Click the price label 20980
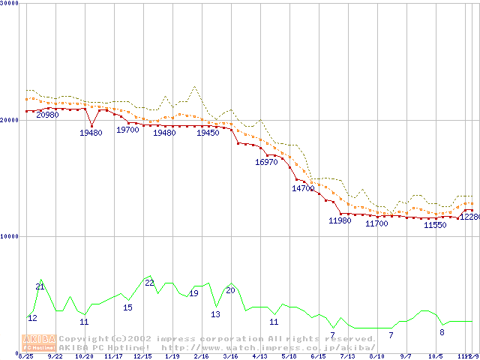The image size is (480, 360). click(47, 115)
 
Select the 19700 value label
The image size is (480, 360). click(127, 130)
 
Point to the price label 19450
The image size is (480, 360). click(208, 133)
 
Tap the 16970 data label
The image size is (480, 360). click(266, 162)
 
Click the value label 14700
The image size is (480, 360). click(303, 189)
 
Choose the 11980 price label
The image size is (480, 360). click(340, 220)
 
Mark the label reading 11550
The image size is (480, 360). click(435, 225)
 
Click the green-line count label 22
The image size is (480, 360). click(149, 283)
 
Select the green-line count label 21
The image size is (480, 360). click(40, 286)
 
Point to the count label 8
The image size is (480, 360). click(442, 332)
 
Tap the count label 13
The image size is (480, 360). click(215, 314)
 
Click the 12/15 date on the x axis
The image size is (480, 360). click(142, 356)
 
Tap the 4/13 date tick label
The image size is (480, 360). click(259, 356)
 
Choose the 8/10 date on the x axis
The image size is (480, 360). click(376, 356)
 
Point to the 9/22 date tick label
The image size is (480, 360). click(55, 356)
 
